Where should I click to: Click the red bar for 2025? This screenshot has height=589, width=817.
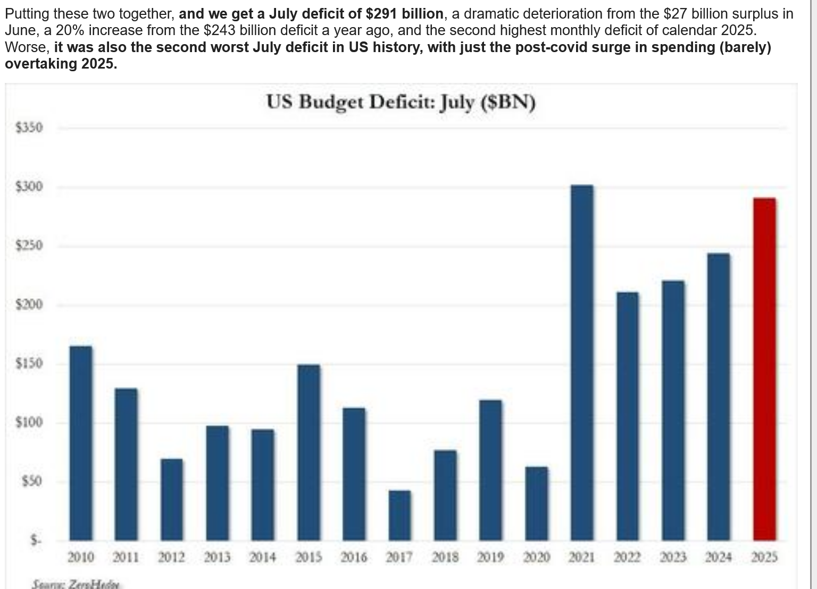point(764,369)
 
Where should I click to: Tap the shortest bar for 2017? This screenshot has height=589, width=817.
point(399,515)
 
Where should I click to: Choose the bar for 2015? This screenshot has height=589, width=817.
point(309,452)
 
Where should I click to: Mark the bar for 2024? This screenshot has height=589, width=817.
point(719,397)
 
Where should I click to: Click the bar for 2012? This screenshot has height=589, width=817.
point(172,499)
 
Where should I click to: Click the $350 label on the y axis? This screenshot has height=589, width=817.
point(29,128)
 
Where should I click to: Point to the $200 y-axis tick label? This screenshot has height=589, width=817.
point(29,305)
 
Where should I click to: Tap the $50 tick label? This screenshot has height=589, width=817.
point(31,482)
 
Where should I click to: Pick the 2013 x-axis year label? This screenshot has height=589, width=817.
point(217,557)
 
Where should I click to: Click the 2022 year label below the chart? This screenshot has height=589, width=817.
point(627,557)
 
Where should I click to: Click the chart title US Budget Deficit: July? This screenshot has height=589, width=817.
point(401,102)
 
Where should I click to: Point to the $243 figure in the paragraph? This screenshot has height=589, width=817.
point(219,30)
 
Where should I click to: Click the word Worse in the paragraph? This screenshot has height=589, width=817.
point(27,47)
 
